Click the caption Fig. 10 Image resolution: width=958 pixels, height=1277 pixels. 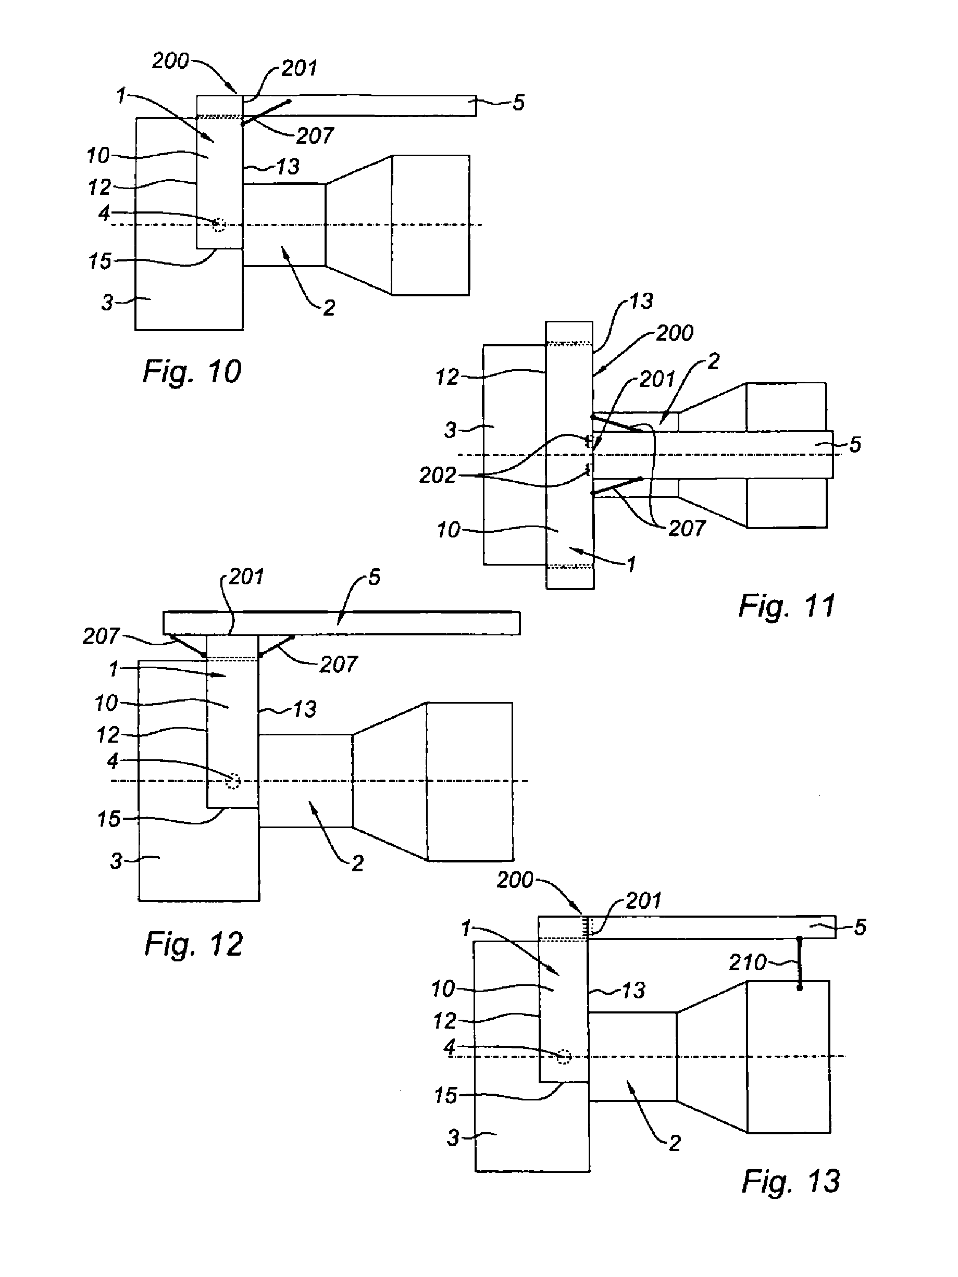point(192,372)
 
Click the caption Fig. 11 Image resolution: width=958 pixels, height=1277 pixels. point(787,606)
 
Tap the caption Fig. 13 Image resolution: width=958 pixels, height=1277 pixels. point(791,1181)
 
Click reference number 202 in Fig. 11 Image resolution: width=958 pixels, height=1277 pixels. point(438,475)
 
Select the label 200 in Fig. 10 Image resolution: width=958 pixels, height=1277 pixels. point(170,60)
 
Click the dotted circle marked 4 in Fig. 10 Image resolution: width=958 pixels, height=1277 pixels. point(218,224)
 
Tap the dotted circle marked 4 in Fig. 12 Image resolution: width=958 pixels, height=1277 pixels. point(233,781)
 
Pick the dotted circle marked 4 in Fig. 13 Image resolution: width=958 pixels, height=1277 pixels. point(564,1057)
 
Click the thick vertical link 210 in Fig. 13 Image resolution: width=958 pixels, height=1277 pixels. point(800,963)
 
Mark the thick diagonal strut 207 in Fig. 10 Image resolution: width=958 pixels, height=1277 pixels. point(266,112)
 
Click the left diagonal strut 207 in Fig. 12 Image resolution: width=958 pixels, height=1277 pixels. point(189,646)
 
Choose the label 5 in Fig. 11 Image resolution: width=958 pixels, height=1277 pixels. point(855,445)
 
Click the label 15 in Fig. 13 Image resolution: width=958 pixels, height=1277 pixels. point(445,1095)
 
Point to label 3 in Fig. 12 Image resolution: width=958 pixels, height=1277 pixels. point(116,861)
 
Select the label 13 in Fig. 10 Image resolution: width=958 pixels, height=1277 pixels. point(288,167)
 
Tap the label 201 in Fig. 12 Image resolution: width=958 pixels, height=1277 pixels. point(246,576)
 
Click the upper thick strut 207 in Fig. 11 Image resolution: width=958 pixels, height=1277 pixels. point(617,423)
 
